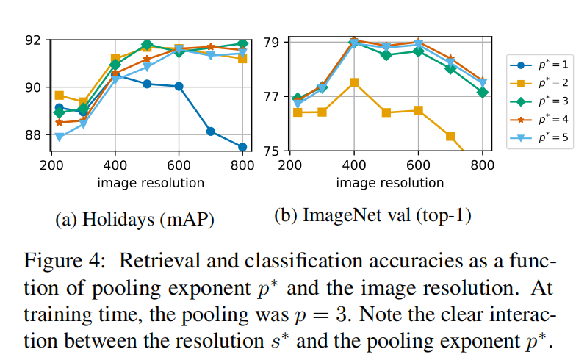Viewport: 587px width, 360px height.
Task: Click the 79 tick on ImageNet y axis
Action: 271,42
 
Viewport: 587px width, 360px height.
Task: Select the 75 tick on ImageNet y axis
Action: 271,151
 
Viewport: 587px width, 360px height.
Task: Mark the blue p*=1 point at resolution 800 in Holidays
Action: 242,147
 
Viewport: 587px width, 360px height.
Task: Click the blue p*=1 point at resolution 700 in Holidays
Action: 211,132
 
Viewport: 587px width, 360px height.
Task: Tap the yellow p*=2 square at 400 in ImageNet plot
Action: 354,82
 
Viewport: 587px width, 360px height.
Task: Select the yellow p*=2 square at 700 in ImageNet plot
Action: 450,136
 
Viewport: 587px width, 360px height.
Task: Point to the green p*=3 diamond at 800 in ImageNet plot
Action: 483,93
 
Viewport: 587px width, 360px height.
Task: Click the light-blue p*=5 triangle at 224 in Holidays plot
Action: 60,137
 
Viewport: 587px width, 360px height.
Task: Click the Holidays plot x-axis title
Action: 146,181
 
